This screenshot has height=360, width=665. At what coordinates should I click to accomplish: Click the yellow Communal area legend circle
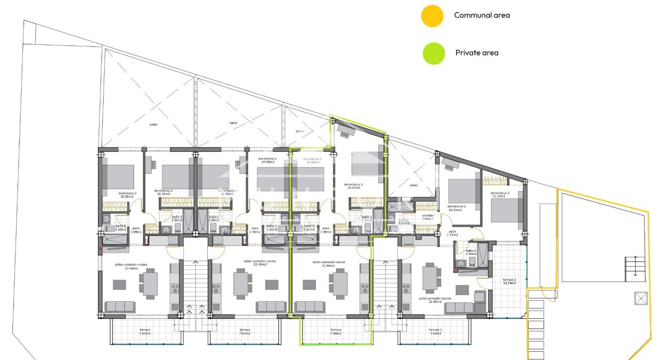(x=432, y=15)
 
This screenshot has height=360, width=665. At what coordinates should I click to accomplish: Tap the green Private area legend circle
(x=434, y=53)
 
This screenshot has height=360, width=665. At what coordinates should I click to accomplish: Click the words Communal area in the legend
(x=481, y=15)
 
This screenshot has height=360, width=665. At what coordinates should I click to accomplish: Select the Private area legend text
(x=476, y=53)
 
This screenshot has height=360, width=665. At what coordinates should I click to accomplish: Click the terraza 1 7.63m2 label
(x=435, y=332)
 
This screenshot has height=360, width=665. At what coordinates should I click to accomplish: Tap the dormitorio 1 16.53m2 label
(x=353, y=186)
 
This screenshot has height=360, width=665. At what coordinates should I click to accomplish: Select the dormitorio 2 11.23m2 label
(x=500, y=194)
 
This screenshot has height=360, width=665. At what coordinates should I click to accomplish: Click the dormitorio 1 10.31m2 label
(x=457, y=208)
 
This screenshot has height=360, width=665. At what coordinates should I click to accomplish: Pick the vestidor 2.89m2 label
(x=428, y=217)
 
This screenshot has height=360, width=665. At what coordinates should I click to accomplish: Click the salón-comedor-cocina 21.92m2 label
(x=435, y=300)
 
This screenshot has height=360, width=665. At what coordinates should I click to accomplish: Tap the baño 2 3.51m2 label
(x=403, y=222)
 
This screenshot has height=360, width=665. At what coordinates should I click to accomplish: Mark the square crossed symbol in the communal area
(x=641, y=298)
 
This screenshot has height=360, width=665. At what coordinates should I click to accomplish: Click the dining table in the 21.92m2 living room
(x=431, y=277)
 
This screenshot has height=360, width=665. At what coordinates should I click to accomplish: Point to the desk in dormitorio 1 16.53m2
(x=344, y=132)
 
